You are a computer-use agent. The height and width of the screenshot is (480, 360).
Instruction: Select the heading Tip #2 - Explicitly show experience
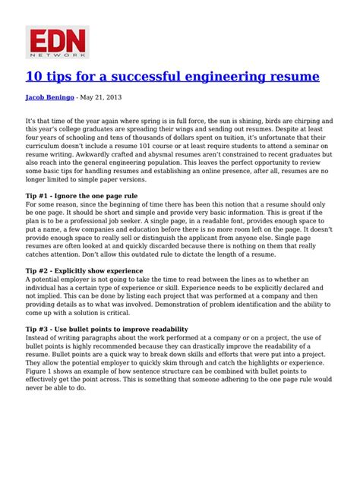point(84,270)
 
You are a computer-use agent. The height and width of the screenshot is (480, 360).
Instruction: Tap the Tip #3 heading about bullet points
point(107,329)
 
